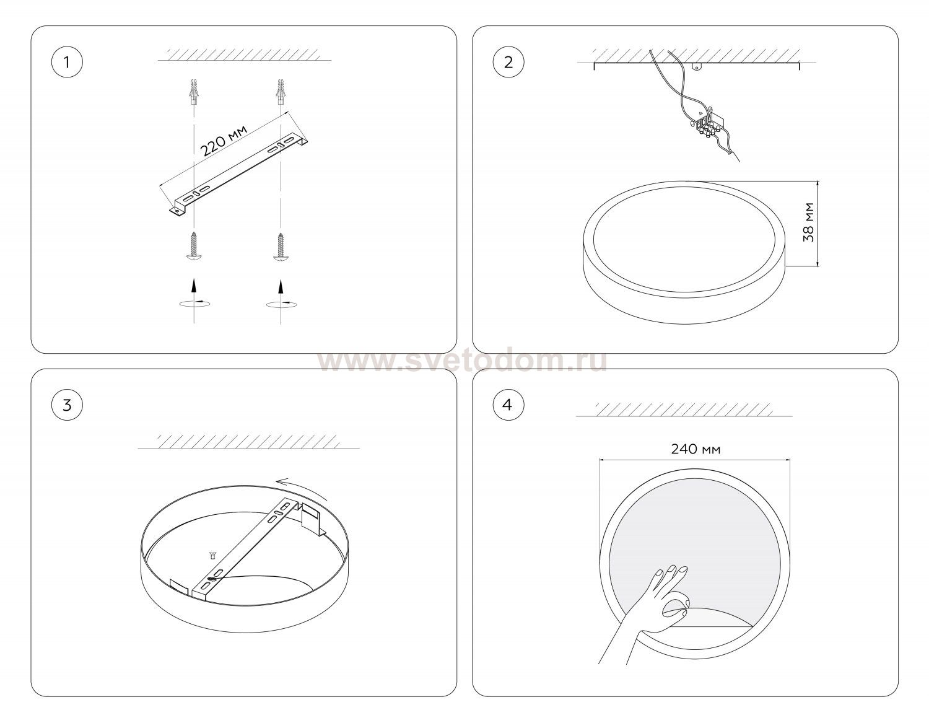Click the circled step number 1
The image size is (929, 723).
click(x=67, y=62)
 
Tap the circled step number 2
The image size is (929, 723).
click(x=508, y=62)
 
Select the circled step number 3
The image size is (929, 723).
click(x=67, y=405)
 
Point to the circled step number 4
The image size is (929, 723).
click(x=508, y=405)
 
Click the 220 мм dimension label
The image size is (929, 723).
click(x=224, y=140)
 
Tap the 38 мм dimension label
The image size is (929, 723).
click(x=808, y=222)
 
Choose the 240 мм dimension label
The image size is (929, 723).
click(x=696, y=449)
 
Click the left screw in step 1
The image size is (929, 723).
click(x=194, y=245)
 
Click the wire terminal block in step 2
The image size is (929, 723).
click(x=707, y=128)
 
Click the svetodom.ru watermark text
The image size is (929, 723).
click(x=463, y=361)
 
